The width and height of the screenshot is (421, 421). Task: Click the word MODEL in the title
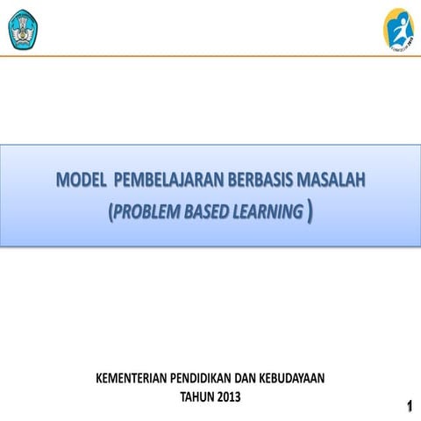click(x=80, y=182)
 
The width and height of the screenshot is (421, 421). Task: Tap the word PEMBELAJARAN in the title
click(x=159, y=182)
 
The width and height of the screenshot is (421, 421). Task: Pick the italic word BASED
click(x=209, y=210)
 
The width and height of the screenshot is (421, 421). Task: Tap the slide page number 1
click(x=410, y=405)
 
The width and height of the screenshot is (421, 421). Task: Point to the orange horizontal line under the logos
click(x=210, y=56)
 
